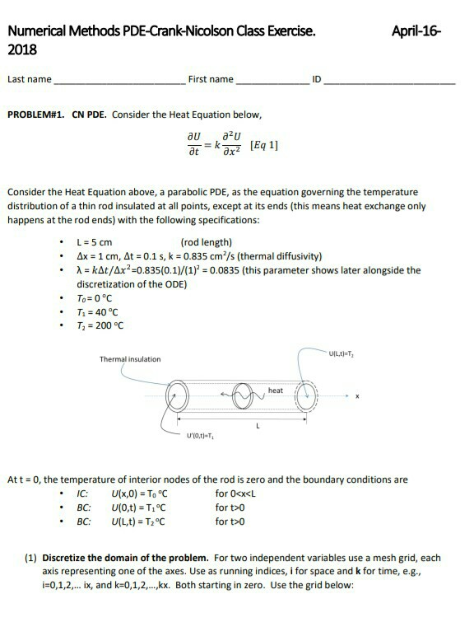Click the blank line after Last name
118,83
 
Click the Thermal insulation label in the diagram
130,359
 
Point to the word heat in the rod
276,390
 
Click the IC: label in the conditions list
82,493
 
